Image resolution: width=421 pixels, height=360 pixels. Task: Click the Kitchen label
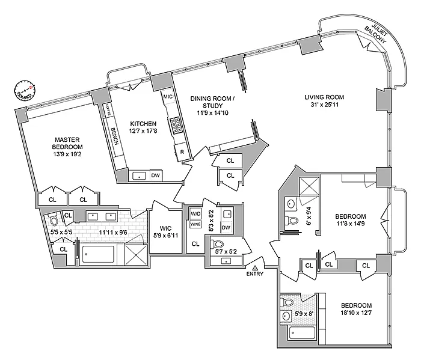[x=143, y=124]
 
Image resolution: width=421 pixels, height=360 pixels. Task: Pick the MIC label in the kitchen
[x=168, y=96]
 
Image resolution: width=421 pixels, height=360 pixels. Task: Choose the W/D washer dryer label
[x=195, y=214]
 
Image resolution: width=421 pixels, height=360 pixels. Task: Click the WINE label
[x=195, y=224]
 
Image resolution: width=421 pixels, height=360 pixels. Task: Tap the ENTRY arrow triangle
[x=256, y=267]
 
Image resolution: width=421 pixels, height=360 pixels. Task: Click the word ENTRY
[x=256, y=275]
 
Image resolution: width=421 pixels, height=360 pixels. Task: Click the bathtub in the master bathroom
[x=103, y=255]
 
